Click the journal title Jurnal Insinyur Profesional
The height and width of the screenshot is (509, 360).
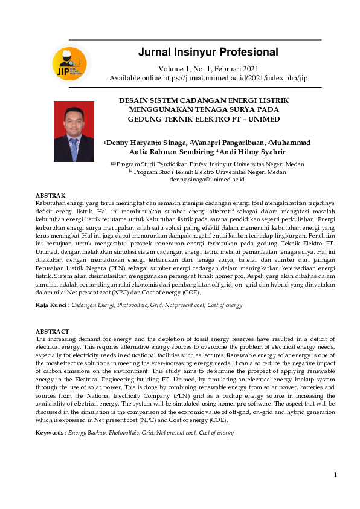(208, 52)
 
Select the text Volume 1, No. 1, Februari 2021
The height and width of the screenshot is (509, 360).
(208, 68)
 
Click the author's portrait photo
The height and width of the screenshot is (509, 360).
(74, 131)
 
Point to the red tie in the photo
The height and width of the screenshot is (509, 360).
(74, 148)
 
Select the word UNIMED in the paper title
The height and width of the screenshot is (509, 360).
(264, 119)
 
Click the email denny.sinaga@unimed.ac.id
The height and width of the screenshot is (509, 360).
(207, 180)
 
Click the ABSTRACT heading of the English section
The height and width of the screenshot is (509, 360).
(52, 332)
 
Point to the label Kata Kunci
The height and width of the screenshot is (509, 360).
(51, 306)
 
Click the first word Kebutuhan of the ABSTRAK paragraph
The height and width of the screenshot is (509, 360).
(51, 204)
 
